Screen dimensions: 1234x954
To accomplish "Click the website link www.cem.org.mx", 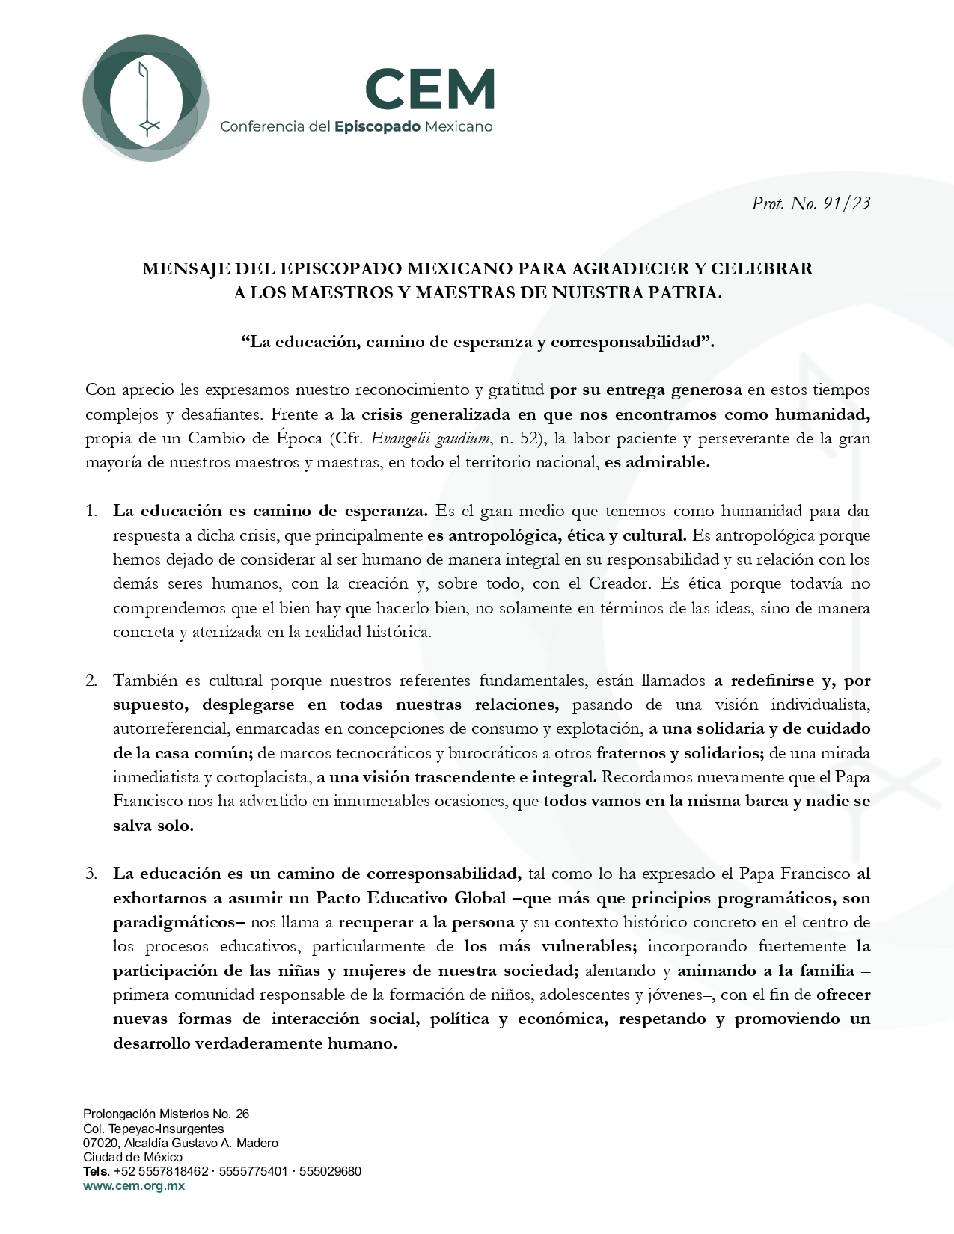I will point(134,1186).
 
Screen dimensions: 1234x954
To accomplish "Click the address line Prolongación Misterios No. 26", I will point(166,1114).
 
